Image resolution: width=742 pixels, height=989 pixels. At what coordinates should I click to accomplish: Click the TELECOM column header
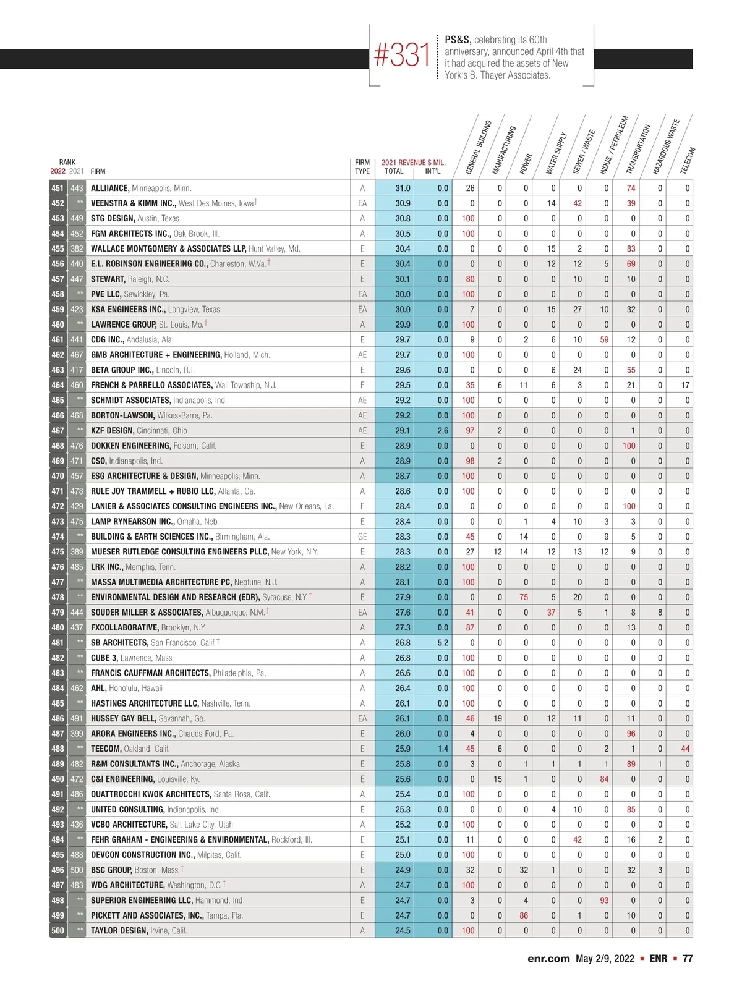pos(688,161)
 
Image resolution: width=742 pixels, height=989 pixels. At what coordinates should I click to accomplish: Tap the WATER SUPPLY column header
pos(556,153)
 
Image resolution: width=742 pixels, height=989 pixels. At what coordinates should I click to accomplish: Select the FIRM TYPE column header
pos(362,167)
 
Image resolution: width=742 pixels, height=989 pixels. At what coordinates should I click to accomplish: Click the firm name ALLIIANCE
pos(109,188)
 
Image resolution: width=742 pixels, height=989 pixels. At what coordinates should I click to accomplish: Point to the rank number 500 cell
pos(58,930)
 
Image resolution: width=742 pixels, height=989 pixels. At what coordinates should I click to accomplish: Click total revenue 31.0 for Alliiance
pos(403,188)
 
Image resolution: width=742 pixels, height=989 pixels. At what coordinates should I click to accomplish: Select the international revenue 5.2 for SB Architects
pos(443,643)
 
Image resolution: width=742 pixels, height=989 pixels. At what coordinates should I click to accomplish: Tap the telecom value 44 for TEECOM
pos(685,749)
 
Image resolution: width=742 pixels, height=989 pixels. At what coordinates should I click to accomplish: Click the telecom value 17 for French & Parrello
pos(685,385)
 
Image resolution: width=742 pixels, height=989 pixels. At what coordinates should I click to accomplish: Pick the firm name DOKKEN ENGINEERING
pos(130,446)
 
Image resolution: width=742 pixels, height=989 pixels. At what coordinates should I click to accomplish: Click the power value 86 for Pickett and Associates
pos(524,915)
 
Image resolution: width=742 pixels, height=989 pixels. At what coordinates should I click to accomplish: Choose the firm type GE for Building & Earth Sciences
pos(362,537)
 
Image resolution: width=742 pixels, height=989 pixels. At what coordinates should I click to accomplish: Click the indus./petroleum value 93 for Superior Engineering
pos(604,900)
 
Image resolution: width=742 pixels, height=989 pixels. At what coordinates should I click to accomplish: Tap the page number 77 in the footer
pos(688,959)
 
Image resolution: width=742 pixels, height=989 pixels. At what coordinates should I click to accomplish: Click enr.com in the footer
pos(548,959)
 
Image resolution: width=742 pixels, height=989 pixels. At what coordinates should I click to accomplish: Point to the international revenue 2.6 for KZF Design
pos(443,431)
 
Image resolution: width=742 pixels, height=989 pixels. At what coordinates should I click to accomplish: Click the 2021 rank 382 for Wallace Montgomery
pos(77,248)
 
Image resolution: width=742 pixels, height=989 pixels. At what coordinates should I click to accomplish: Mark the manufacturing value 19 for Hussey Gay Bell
pos(498,718)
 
